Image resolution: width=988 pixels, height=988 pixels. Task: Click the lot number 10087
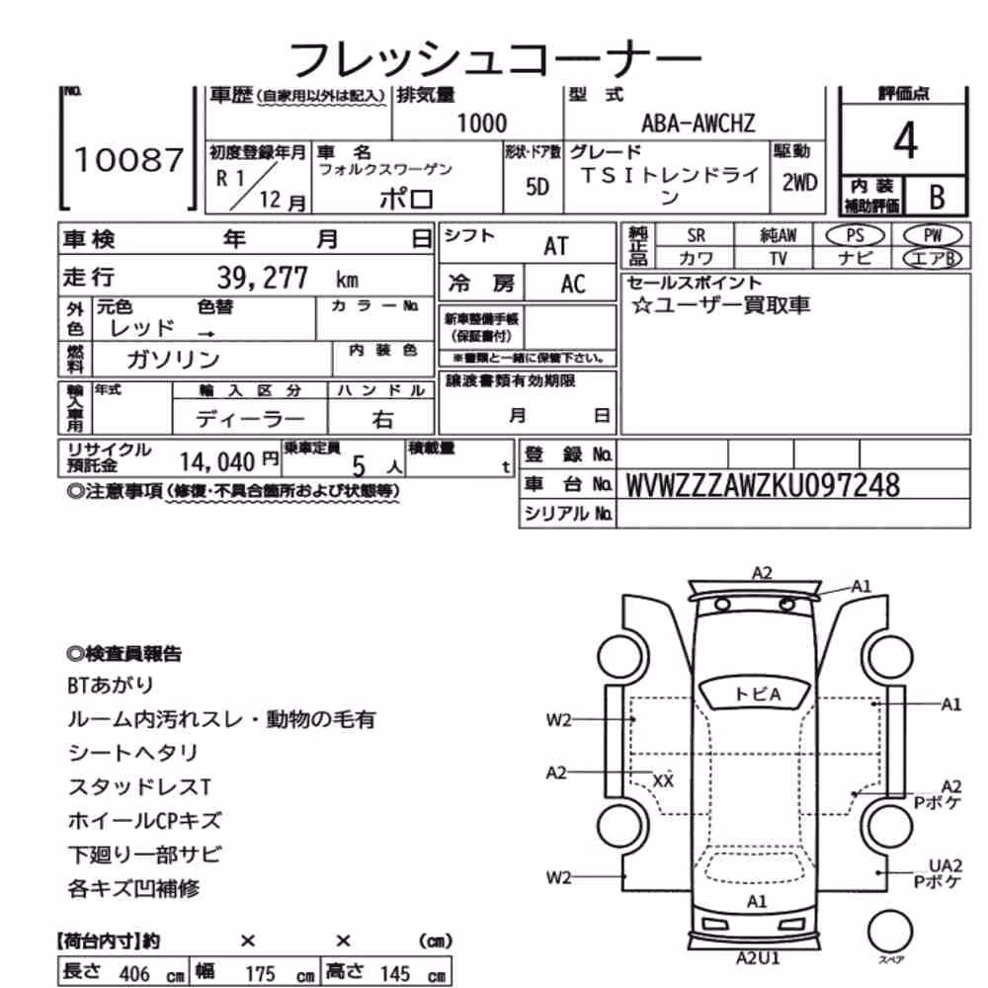pos(128,159)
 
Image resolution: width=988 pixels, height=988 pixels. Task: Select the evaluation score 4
pos(905,140)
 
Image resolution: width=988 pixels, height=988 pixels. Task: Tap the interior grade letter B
pos(937,198)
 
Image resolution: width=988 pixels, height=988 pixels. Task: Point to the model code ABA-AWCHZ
pos(699,123)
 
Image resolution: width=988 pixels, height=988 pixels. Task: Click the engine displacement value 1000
pos(481,123)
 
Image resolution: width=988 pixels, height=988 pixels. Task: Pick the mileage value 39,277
pos(262,278)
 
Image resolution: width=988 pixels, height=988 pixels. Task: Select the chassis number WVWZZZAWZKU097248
pos(763,485)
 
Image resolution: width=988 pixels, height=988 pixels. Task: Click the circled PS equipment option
pos(855,236)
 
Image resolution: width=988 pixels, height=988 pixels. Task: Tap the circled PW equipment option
pos(933,236)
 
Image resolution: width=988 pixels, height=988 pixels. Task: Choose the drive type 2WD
pos(799,183)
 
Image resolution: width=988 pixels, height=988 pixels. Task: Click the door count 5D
pos(536,187)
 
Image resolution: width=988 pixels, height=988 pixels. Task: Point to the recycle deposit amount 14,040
pos(216,461)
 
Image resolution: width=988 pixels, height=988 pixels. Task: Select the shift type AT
pos(555,246)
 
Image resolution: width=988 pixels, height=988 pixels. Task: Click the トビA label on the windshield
pos(757,694)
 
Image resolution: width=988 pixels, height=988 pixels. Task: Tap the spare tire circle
pos(890,930)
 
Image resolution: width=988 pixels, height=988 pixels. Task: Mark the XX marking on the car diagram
pos(663,781)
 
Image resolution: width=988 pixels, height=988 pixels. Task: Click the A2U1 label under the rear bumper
pos(758,958)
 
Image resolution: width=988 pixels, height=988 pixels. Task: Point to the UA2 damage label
pos(946,865)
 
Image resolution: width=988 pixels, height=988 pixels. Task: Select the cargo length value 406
pos(134,973)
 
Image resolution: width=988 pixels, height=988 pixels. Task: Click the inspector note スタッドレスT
pos(139,786)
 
